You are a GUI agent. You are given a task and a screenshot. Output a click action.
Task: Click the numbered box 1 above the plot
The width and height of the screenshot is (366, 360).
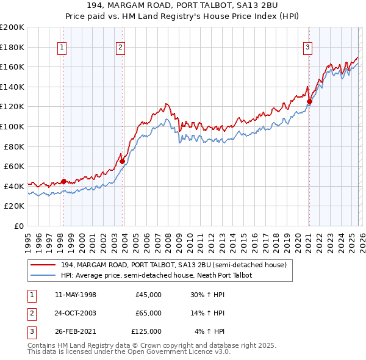(63, 47)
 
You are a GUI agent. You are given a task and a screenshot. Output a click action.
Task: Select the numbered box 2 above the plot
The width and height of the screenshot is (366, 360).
(121, 47)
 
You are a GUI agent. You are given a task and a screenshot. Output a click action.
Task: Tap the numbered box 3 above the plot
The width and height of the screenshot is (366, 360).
(308, 47)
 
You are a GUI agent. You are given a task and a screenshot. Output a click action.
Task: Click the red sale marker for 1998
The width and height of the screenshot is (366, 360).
(63, 181)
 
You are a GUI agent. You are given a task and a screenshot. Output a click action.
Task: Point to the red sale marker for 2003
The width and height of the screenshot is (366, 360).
(123, 161)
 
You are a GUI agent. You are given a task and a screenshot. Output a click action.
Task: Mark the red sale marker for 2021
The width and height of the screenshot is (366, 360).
(309, 102)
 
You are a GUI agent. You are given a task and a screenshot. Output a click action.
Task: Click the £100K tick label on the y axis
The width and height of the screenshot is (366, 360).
(12, 126)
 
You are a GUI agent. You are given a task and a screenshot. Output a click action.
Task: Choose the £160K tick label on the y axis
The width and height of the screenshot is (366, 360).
(12, 67)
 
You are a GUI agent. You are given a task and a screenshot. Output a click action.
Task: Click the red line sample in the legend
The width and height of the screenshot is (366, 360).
(43, 265)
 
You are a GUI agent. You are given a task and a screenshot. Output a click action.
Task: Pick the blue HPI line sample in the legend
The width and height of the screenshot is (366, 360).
(43, 275)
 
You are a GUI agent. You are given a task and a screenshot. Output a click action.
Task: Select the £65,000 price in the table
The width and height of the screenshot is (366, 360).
(148, 313)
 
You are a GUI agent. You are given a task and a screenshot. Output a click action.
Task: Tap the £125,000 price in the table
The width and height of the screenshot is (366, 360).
(146, 331)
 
